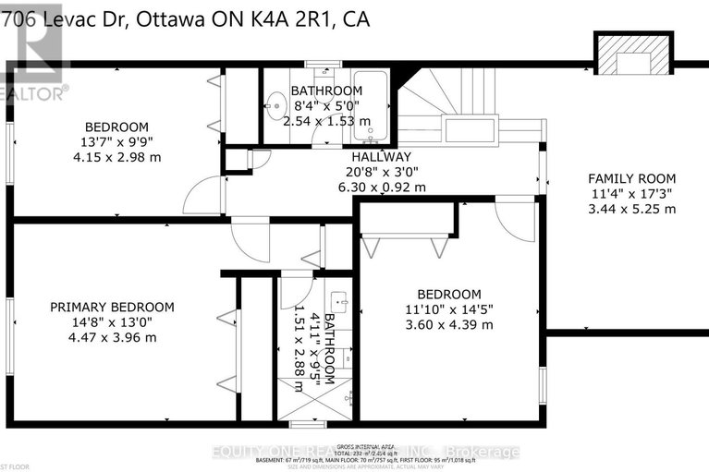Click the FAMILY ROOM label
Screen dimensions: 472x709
pyautogui.click(x=632, y=178)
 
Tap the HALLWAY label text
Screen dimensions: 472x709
pyautogui.click(x=380, y=157)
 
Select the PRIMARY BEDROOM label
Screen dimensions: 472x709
pyautogui.click(x=112, y=307)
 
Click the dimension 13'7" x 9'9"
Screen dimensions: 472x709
pyautogui.click(x=116, y=142)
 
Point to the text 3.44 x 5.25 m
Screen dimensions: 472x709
pyautogui.click(x=632, y=209)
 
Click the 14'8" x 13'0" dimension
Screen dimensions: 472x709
pyautogui.click(x=112, y=321)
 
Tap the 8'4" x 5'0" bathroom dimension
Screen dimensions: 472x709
pyautogui.click(x=326, y=105)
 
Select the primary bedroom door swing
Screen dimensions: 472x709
pyautogui.click(x=248, y=238)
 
